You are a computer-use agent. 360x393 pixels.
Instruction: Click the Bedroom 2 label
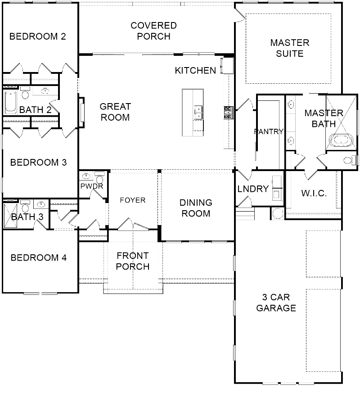pos(38,36)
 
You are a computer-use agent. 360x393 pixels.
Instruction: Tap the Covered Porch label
pos(153,31)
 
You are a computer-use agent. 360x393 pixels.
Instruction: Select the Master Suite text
pos(290,48)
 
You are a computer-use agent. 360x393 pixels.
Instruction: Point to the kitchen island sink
pos(198,113)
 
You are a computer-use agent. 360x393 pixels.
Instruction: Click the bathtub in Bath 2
pos(10,102)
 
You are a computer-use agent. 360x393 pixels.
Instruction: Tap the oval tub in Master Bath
pos(341,140)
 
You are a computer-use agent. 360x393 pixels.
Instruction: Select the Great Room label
pos(115,112)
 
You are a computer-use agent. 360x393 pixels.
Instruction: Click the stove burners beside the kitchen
pos(229,112)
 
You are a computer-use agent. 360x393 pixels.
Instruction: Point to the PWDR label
pos(92,186)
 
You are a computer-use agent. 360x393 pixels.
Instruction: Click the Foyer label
pos(133,200)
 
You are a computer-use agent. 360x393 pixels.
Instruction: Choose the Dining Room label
pos(196,208)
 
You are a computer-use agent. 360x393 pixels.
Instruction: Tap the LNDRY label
pos(253,189)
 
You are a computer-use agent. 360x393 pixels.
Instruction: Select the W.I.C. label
pos(314,193)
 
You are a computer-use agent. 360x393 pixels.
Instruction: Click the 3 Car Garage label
pos(276,303)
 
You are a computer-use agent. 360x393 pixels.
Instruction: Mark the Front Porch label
pos(133,261)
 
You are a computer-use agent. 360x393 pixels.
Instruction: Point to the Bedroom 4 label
pos(39,257)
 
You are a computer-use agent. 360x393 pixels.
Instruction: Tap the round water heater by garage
pos(278,213)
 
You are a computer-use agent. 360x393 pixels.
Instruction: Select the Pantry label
pos(269,131)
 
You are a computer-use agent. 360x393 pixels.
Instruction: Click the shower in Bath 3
pos(10,216)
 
